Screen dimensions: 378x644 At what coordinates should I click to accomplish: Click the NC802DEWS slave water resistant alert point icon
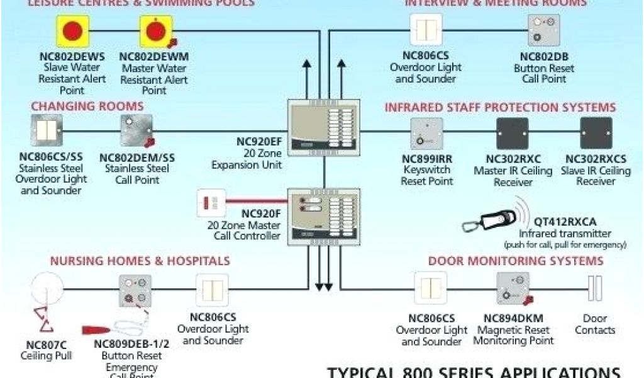pos(73,31)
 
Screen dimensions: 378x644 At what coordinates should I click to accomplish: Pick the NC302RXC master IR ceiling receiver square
pos(512,133)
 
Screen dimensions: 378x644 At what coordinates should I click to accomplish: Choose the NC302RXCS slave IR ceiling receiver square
pos(596,133)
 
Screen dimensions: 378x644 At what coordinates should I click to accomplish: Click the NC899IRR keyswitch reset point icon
pos(426,134)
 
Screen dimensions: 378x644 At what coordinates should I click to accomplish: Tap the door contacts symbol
pos(594,288)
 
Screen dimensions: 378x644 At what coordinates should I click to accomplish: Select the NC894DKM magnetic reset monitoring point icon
pos(513,288)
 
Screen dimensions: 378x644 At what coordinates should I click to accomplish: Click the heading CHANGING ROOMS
pos(79,106)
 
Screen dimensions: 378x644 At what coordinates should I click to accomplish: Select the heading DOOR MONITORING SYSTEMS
pos(516,261)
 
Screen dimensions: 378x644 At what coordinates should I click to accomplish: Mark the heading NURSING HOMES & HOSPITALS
pos(140,261)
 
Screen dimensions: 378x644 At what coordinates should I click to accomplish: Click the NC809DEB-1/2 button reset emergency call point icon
pos(135,290)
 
